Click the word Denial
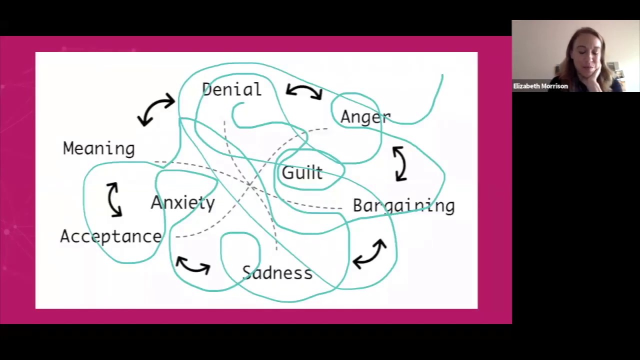pyautogui.click(x=231, y=90)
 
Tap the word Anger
pyautogui.click(x=364, y=117)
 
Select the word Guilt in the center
pyautogui.click(x=302, y=173)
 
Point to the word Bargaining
pyautogui.click(x=403, y=206)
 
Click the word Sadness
pyautogui.click(x=277, y=273)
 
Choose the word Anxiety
pyautogui.click(x=182, y=202)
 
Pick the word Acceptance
pyautogui.click(x=110, y=236)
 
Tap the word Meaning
pyautogui.click(x=98, y=148)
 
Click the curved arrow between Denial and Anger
pyautogui.click(x=304, y=91)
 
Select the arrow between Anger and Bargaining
pyautogui.click(x=400, y=163)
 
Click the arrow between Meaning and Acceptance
pyautogui.click(x=114, y=199)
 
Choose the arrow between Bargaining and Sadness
pyautogui.click(x=370, y=254)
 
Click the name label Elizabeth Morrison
pyautogui.click(x=540, y=86)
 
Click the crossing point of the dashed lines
pyautogui.click(x=250, y=184)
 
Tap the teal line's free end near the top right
pyautogui.click(x=442, y=75)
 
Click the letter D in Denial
pyautogui.click(x=207, y=90)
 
